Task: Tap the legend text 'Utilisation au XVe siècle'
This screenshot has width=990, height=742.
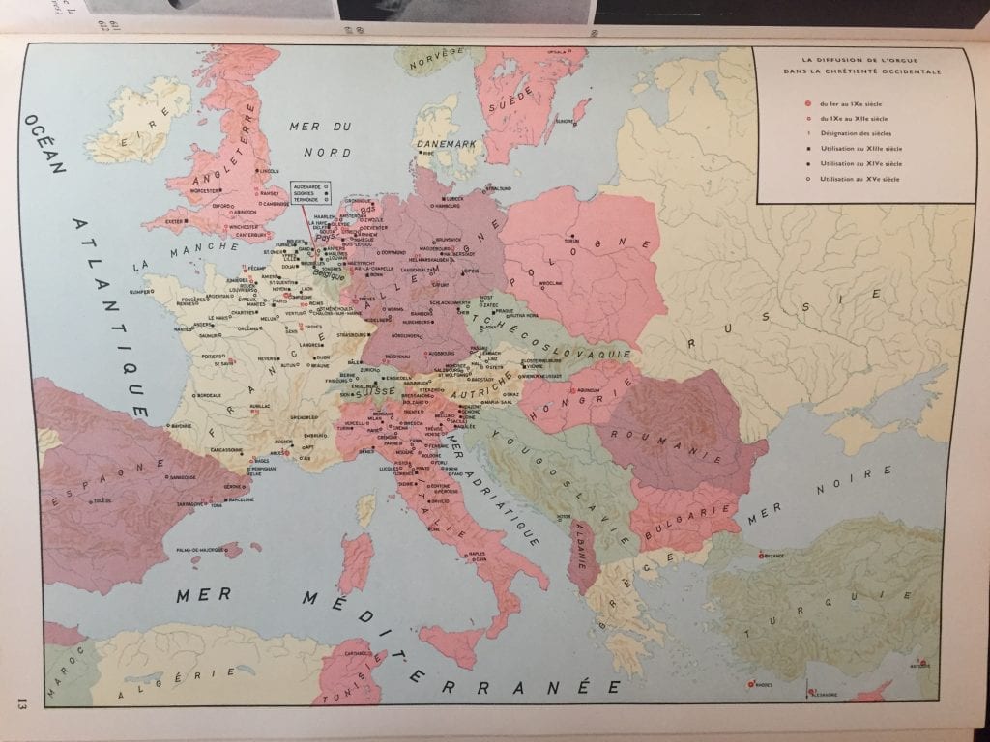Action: (x=859, y=180)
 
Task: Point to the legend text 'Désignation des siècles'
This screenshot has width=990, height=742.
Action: (x=857, y=132)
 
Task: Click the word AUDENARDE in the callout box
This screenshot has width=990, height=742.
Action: (x=306, y=184)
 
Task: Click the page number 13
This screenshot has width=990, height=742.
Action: (x=19, y=702)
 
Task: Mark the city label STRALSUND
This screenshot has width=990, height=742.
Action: (x=498, y=188)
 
